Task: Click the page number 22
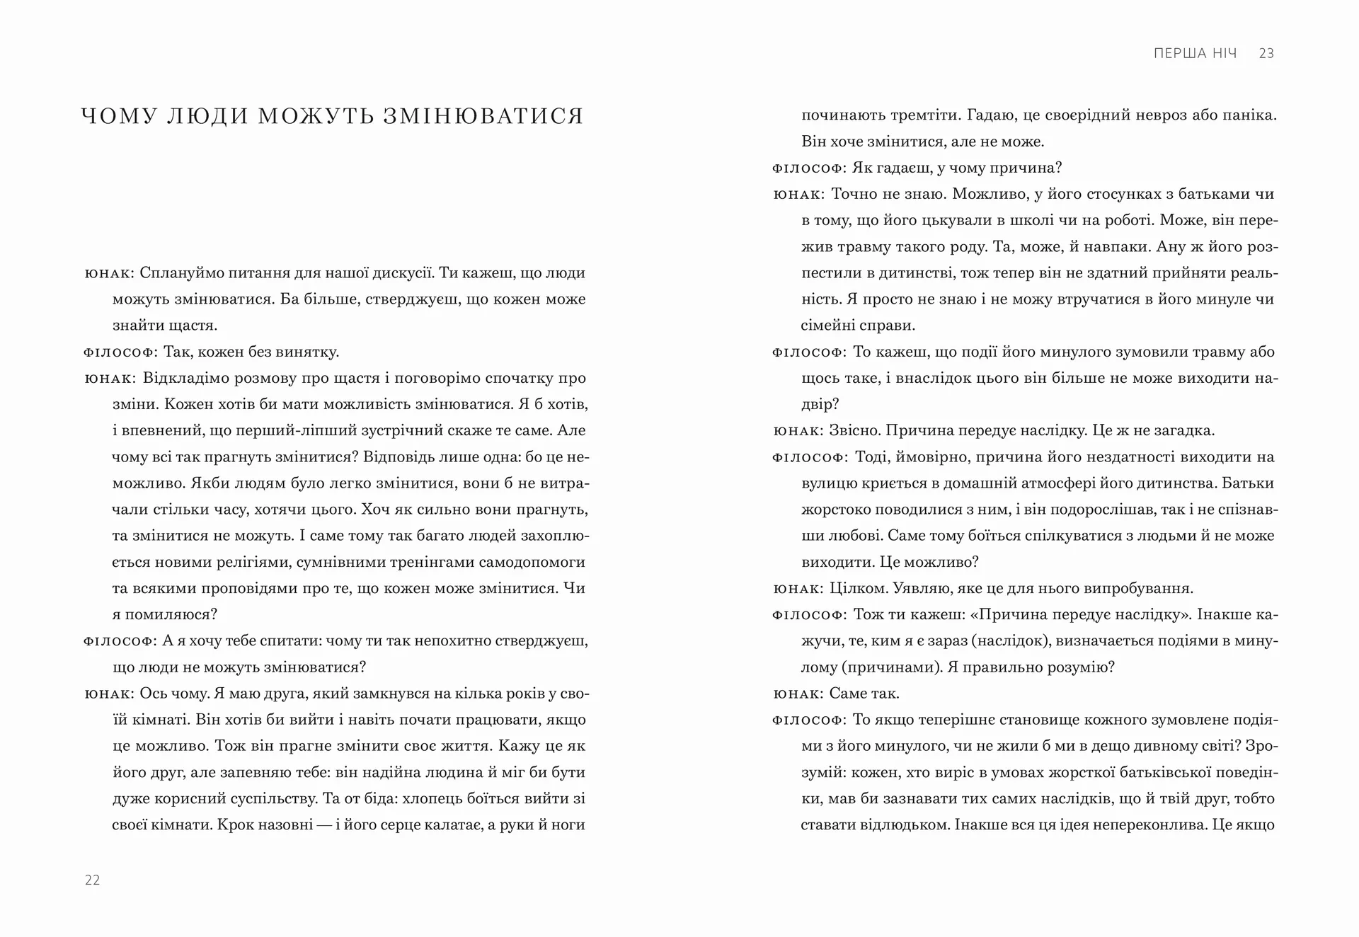coord(93,880)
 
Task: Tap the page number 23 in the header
coord(1266,53)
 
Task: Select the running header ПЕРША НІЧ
coord(1195,53)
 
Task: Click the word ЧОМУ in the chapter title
coord(118,115)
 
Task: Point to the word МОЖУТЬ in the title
coord(316,115)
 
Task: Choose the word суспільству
coord(273,798)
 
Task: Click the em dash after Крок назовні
coord(324,824)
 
